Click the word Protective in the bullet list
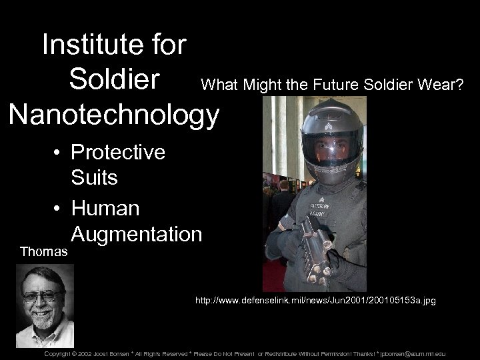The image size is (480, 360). pyautogui.click(x=118, y=153)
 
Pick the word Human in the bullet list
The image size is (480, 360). pyautogui.click(x=105, y=208)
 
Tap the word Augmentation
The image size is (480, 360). pyautogui.click(x=136, y=234)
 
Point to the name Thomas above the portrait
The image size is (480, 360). pyautogui.click(x=43, y=252)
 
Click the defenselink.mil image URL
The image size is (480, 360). pyautogui.click(x=315, y=301)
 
